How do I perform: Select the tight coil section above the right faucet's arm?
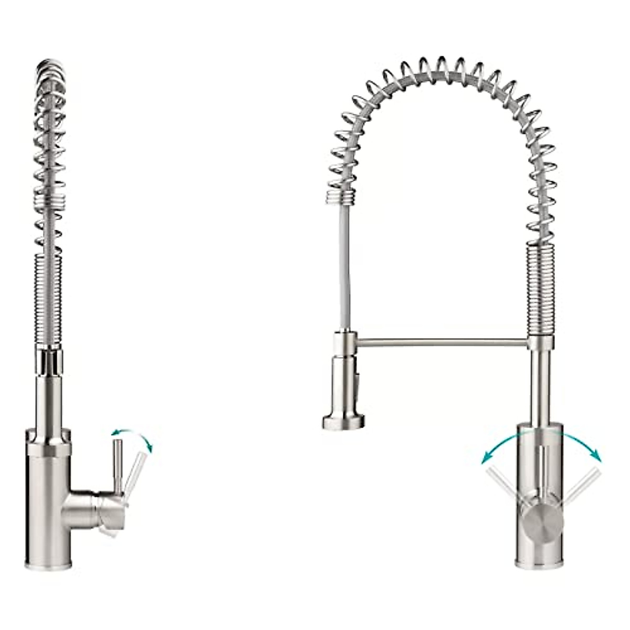(x=541, y=294)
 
